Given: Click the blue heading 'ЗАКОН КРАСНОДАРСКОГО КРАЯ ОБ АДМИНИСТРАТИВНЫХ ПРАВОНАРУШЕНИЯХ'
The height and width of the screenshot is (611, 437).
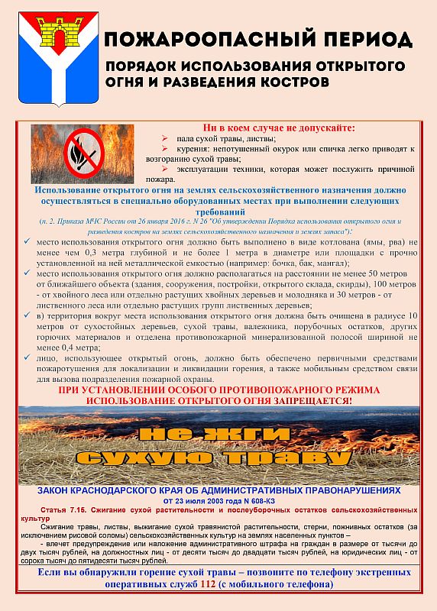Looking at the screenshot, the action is click(218, 491).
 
